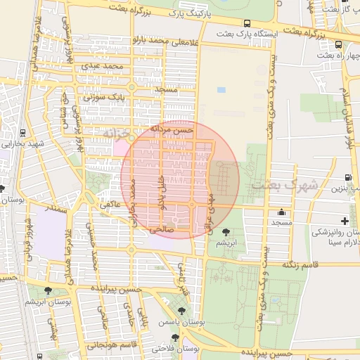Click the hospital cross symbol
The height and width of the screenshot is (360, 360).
click(344, 221)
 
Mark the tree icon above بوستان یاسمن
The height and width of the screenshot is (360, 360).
click(182, 310)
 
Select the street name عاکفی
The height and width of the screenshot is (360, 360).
click(110, 205)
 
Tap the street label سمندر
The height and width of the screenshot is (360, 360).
click(56, 208)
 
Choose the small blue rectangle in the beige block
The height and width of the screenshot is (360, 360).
click(221, 90)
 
